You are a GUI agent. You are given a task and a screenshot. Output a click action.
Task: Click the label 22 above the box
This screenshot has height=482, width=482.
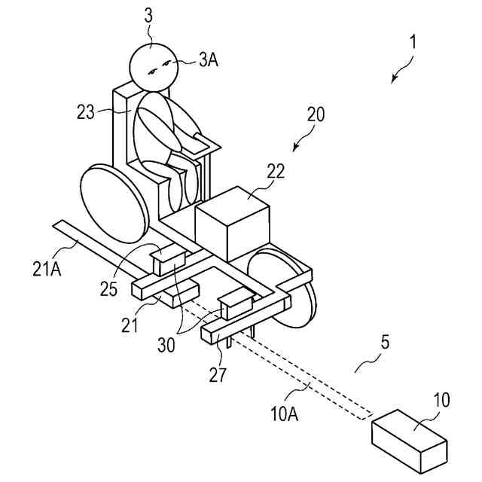[x=275, y=170]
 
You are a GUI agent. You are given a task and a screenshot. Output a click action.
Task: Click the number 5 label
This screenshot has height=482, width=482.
[x=385, y=341]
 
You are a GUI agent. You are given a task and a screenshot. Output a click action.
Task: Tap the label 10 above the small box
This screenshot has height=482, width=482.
[x=442, y=399]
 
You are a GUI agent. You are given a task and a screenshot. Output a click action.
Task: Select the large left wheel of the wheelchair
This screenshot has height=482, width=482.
[x=111, y=200]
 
